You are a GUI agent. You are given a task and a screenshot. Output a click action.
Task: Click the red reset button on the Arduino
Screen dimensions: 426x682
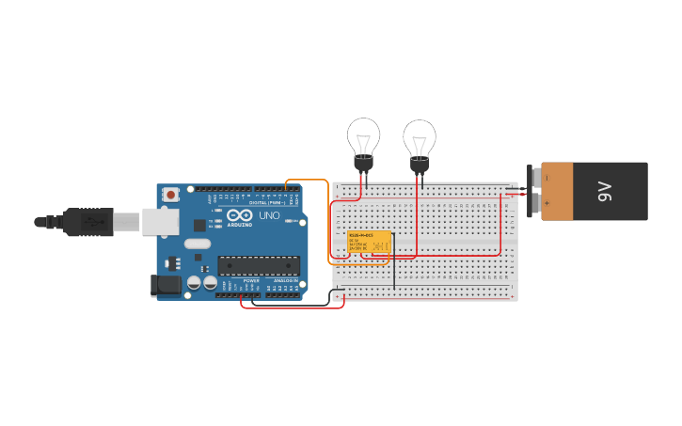(x=170, y=195)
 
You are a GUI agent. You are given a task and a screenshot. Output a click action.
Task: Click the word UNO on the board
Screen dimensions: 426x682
(x=269, y=215)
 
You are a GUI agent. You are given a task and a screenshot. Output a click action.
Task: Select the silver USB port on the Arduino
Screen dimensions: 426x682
(x=160, y=222)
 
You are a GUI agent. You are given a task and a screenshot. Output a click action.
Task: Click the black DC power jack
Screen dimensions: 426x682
(x=166, y=286)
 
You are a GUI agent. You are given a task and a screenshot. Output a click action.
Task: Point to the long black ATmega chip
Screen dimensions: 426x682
(x=259, y=266)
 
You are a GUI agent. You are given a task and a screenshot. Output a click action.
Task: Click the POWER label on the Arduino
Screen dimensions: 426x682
(x=251, y=280)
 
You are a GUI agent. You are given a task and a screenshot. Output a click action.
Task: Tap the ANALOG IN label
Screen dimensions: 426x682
(x=286, y=280)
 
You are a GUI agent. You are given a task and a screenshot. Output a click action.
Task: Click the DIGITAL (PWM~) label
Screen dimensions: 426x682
(x=267, y=202)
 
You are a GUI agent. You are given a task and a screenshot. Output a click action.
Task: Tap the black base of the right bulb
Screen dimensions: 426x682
(x=420, y=166)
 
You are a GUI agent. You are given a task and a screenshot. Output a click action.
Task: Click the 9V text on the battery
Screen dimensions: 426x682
(x=605, y=192)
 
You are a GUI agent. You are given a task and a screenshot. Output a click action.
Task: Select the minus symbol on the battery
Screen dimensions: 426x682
(x=547, y=178)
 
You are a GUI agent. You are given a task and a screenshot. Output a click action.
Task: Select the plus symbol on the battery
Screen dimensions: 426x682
(x=547, y=202)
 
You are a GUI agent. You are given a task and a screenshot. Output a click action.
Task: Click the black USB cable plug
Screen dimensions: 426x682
(x=89, y=222)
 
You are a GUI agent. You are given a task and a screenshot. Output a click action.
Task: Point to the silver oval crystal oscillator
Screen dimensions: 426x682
(x=198, y=244)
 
